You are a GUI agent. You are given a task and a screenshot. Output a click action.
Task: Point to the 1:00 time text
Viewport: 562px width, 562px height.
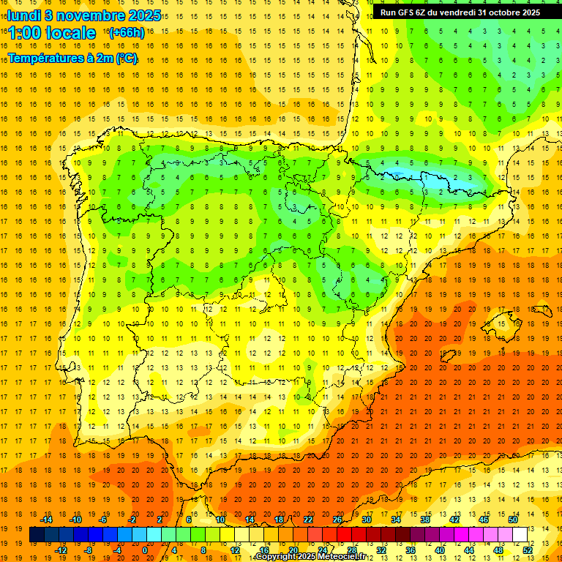coord(24,34)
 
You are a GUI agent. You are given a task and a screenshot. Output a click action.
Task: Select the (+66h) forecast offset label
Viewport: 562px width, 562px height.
coord(126,33)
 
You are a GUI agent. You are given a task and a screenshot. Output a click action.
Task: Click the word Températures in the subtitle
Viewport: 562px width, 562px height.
coord(45,58)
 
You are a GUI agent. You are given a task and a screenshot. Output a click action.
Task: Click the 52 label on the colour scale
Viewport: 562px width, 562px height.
coord(528,550)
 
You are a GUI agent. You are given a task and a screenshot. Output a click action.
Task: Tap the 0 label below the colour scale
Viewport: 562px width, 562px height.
coord(145,550)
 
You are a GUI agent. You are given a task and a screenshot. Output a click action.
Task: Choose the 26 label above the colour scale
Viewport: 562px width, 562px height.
coord(337,520)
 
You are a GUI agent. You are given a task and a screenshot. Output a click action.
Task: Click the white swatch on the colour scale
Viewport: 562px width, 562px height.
coord(520,535)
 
